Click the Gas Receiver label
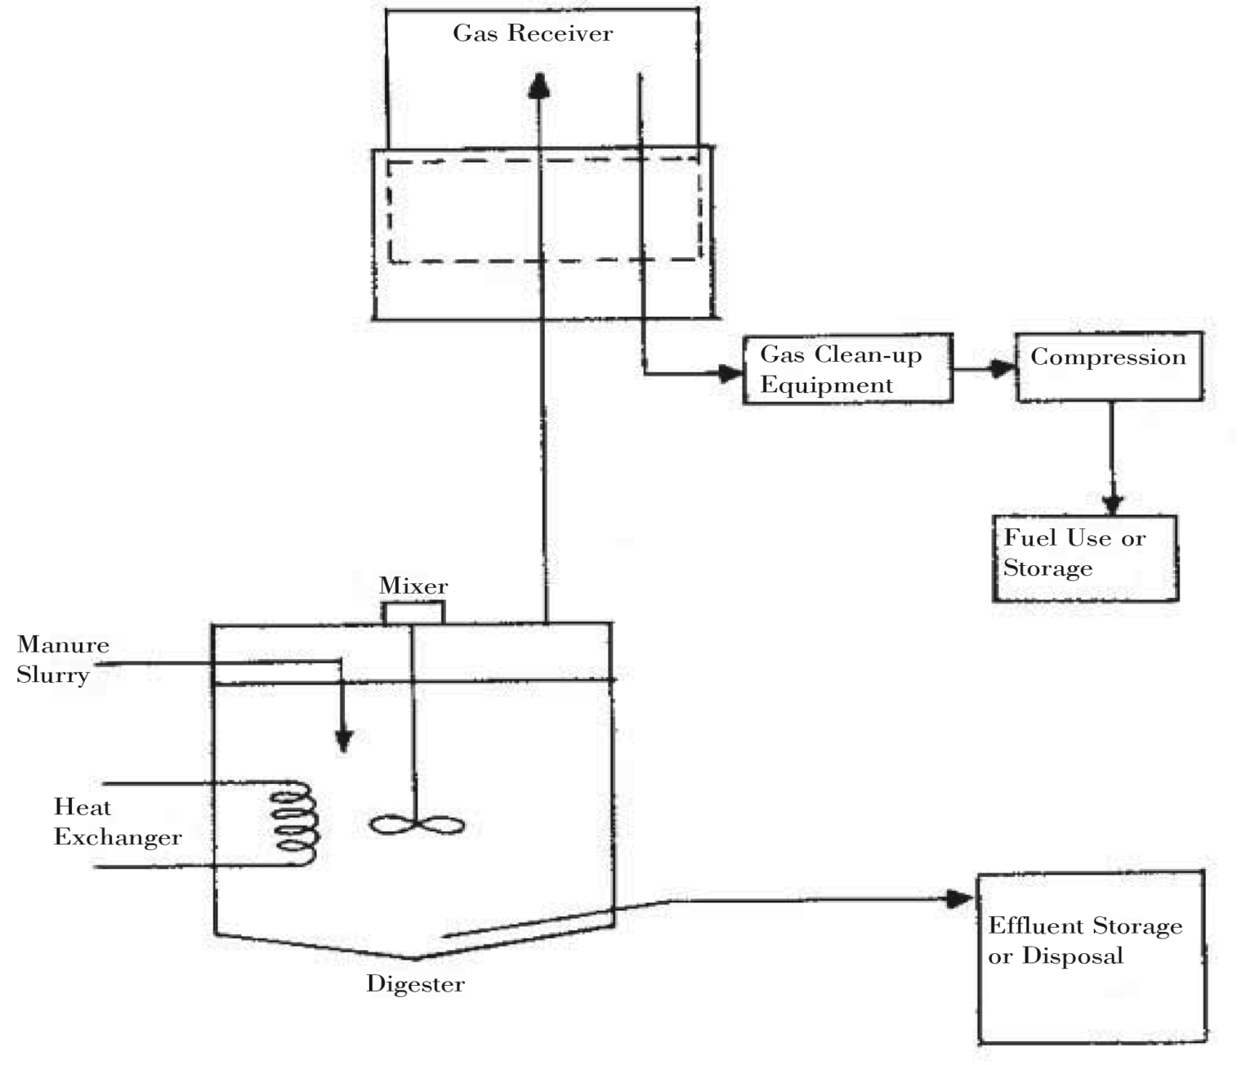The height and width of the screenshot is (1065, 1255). click(x=533, y=33)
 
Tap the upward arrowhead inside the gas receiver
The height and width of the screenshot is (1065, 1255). click(x=538, y=86)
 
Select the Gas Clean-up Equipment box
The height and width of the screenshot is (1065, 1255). click(x=847, y=369)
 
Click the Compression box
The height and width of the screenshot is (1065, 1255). click(x=1109, y=367)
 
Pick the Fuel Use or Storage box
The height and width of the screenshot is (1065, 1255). click(x=1085, y=558)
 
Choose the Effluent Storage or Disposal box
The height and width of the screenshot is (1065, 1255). click(x=1092, y=956)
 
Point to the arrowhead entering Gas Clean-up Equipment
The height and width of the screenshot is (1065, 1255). click(x=730, y=374)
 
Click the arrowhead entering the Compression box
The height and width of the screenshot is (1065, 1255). click(x=1003, y=369)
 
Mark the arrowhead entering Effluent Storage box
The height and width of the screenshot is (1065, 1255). click(x=959, y=899)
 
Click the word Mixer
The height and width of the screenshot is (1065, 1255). click(x=413, y=586)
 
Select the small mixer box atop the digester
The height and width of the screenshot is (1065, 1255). click(x=413, y=613)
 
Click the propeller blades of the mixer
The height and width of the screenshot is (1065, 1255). click(x=417, y=825)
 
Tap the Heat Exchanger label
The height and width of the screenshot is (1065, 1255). click(x=117, y=822)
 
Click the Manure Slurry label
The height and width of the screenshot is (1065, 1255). click(x=63, y=660)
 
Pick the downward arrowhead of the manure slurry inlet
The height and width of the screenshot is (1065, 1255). click(x=344, y=740)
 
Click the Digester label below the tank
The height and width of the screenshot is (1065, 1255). click(x=415, y=984)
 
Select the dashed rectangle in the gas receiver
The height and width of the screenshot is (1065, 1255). click(x=544, y=211)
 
